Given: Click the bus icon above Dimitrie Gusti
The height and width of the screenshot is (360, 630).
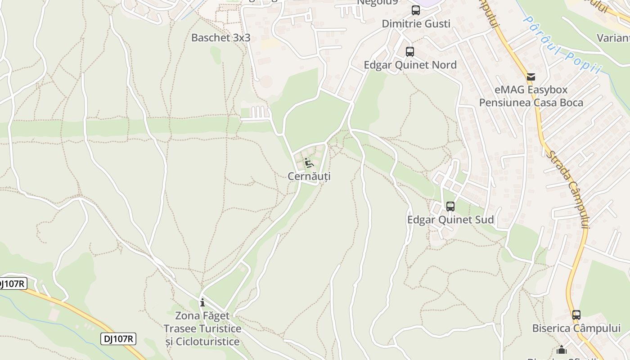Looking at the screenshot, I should point(415,10).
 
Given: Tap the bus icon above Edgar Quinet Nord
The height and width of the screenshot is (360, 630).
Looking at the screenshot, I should point(409,51).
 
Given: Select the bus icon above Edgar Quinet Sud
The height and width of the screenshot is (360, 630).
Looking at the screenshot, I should point(450,207).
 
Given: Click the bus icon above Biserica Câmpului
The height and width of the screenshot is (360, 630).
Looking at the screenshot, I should point(576,315).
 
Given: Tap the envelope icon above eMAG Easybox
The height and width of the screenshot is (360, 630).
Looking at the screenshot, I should point(531,77).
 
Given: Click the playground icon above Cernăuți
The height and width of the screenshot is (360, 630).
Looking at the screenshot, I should point(309,162).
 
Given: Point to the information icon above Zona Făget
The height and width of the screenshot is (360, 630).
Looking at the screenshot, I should point(202,302).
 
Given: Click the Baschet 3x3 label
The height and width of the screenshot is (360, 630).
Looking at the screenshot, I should point(220,38).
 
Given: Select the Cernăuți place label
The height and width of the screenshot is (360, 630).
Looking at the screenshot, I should point(309,176).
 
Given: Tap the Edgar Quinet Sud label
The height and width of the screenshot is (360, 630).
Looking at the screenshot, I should point(450,220).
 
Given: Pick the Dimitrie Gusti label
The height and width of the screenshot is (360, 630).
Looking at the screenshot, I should point(416,24).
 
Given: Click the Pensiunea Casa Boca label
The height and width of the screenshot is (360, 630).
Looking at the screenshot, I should point(531,103).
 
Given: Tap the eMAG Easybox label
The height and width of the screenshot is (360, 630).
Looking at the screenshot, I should point(531,90).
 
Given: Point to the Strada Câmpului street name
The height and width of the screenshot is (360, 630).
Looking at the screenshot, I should point(567,189).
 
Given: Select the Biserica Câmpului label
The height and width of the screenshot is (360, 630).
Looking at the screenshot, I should point(576,328).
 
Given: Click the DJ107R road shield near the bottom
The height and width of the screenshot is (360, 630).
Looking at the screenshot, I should point(118,339).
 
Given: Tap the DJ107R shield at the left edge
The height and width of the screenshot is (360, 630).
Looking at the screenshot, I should point(12,283).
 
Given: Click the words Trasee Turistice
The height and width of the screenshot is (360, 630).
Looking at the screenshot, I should point(202,328).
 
